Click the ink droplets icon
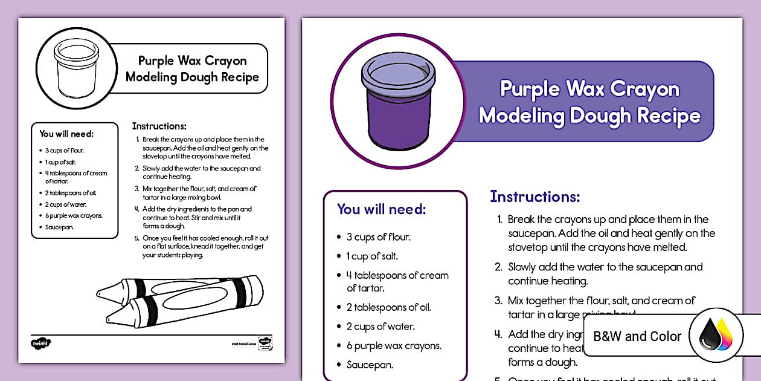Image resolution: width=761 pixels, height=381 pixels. (x=716, y=336)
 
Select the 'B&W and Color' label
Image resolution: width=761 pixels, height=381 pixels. (x=637, y=336)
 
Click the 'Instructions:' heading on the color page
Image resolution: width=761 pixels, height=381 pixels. (x=535, y=197)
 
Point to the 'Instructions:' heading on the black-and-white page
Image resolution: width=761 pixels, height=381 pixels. (x=159, y=126)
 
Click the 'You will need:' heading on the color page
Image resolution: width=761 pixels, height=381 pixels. (x=381, y=209)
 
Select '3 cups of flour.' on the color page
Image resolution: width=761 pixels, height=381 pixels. (x=378, y=236)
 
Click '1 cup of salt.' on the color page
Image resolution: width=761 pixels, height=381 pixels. (x=372, y=256)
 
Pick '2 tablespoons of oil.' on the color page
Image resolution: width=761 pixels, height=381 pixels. (x=388, y=307)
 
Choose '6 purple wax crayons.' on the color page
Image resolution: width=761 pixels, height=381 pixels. (x=394, y=346)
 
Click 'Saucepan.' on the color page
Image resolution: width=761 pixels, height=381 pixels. (x=370, y=365)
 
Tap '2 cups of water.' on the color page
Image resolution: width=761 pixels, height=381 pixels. (x=380, y=327)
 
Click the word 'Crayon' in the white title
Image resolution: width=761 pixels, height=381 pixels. (x=644, y=90)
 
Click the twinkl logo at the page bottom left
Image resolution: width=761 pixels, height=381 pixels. (x=40, y=342)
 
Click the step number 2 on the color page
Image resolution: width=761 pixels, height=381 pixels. (x=498, y=267)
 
